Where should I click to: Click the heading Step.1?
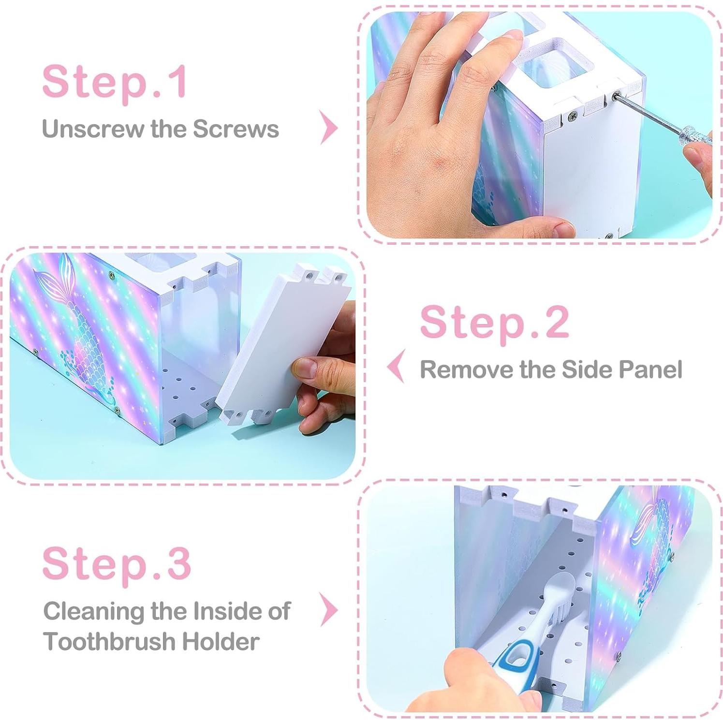pos(115,82)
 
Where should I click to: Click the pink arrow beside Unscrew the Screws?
pos(329,128)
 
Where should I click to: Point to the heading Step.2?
pos(494,323)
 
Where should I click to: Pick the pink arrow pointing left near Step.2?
pos(396,367)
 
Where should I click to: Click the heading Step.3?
pos(117,564)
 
